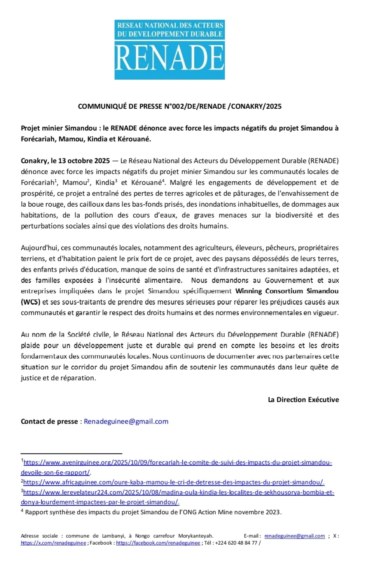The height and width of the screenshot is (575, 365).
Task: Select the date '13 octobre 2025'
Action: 84,160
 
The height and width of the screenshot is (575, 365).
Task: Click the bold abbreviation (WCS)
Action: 31,302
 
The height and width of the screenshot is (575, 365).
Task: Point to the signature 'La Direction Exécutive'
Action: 303,399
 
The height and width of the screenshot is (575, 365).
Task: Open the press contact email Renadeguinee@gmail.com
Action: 126,421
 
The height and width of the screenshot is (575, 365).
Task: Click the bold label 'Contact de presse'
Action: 49,421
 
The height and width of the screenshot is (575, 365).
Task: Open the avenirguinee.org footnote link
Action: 177,462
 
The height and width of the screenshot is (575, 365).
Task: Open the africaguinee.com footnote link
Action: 173,482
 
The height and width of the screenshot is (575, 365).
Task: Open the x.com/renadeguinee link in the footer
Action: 54,543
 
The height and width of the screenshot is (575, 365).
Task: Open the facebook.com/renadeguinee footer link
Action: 158,543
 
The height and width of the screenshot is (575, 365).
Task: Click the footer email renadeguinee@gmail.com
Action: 294,536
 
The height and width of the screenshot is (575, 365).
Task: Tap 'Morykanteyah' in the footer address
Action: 196,536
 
